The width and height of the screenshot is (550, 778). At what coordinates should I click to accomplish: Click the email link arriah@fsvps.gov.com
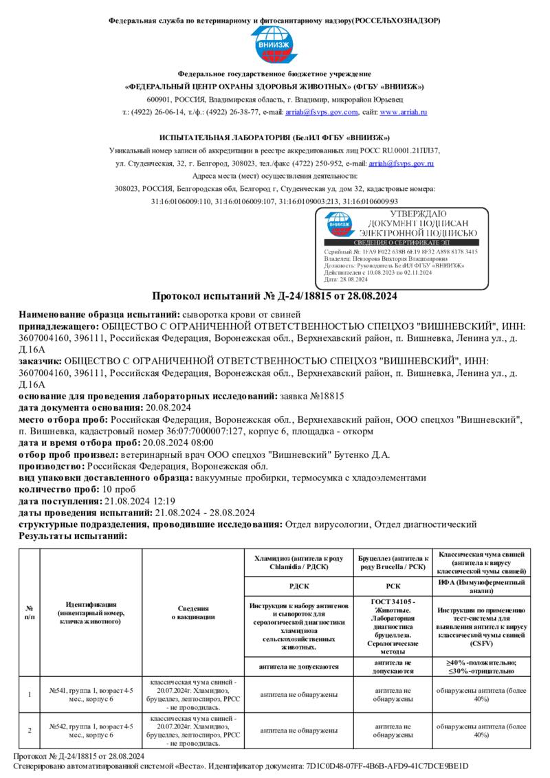pyautogui.click(x=322, y=112)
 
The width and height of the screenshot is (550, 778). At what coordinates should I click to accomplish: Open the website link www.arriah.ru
pyautogui.click(x=404, y=112)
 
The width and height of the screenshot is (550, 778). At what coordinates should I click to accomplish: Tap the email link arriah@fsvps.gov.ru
pyautogui.click(x=401, y=164)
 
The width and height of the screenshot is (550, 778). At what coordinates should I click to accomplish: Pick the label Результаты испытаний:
pyautogui.click(x=73, y=535)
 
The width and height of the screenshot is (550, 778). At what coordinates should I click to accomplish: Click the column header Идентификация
pyautogui.click(x=91, y=604)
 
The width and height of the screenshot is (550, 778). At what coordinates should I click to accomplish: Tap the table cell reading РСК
pyautogui.click(x=393, y=586)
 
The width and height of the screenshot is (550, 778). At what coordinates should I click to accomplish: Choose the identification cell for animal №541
pyautogui.click(x=91, y=694)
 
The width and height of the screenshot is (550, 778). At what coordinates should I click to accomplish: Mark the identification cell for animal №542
pyautogui.click(x=91, y=730)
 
